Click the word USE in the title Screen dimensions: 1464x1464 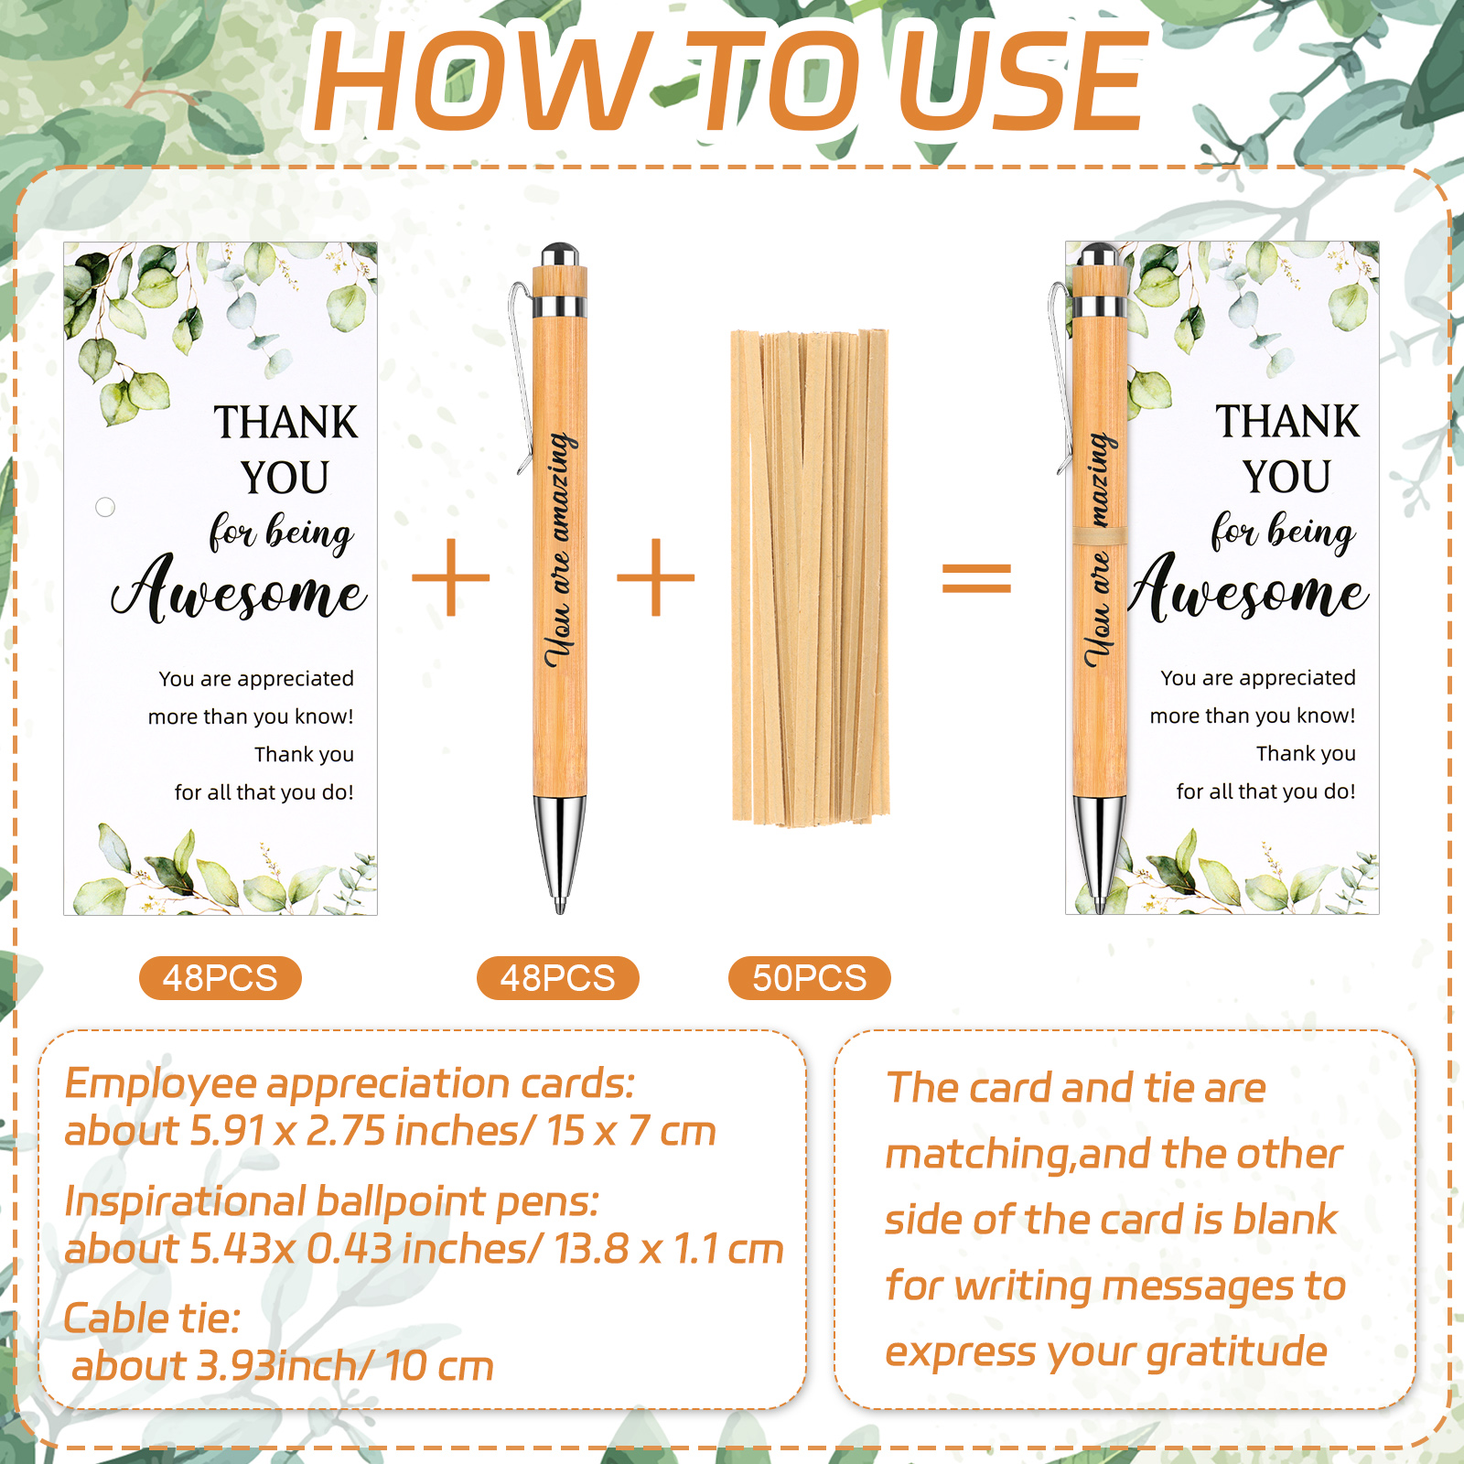tap(1022, 81)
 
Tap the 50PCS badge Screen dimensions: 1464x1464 tap(810, 978)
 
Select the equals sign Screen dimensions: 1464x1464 tap(977, 578)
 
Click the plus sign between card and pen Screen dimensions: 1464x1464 tap(450, 577)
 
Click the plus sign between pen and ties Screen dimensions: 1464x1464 tap(656, 577)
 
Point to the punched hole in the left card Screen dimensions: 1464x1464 tap(105, 506)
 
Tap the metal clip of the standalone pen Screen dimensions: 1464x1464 tap(521, 375)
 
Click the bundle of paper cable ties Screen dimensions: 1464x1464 tap(811, 576)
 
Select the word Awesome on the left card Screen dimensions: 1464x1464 tap(240, 590)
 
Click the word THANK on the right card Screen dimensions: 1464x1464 tap(1287, 422)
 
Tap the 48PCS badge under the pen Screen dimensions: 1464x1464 tap(558, 978)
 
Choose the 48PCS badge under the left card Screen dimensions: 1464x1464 tap(221, 978)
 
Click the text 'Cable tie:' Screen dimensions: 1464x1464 tap(152, 1319)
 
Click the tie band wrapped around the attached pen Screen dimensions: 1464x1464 tap(1100, 536)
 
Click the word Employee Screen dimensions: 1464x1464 tap(161, 1085)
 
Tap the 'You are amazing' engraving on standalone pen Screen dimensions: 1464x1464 tap(560, 549)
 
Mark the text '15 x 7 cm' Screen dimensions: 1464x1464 tap(631, 1132)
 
